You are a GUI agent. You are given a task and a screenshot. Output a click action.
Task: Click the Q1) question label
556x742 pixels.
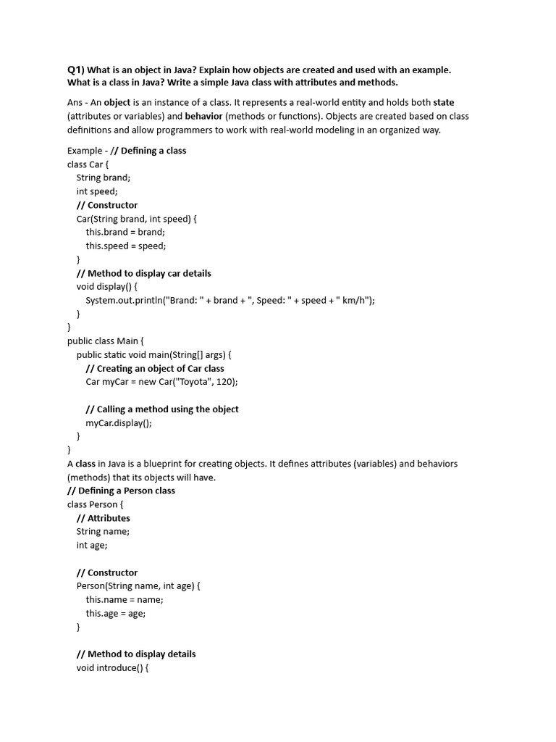click(76, 70)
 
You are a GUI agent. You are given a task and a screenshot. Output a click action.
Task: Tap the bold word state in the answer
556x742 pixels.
click(444, 102)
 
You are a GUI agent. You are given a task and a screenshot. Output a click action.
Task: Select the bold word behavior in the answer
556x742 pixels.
click(203, 116)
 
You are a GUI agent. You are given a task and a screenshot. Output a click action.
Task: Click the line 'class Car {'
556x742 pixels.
click(88, 164)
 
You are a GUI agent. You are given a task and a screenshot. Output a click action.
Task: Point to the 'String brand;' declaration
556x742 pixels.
click(104, 178)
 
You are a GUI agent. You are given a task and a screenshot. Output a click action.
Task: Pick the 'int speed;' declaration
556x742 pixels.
click(97, 191)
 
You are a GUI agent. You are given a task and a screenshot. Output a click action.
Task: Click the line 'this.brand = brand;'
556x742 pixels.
click(125, 232)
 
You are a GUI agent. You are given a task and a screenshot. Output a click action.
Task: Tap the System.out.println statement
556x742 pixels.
click(230, 300)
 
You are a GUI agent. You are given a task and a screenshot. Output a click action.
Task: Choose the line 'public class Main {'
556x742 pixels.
click(106, 341)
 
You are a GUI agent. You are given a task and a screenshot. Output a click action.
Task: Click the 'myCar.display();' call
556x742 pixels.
click(119, 422)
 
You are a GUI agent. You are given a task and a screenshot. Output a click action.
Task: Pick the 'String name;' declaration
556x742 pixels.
click(103, 531)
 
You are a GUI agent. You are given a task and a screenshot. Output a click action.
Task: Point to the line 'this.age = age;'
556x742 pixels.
click(116, 613)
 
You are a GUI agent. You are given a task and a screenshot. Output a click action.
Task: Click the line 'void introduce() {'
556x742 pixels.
click(112, 667)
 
